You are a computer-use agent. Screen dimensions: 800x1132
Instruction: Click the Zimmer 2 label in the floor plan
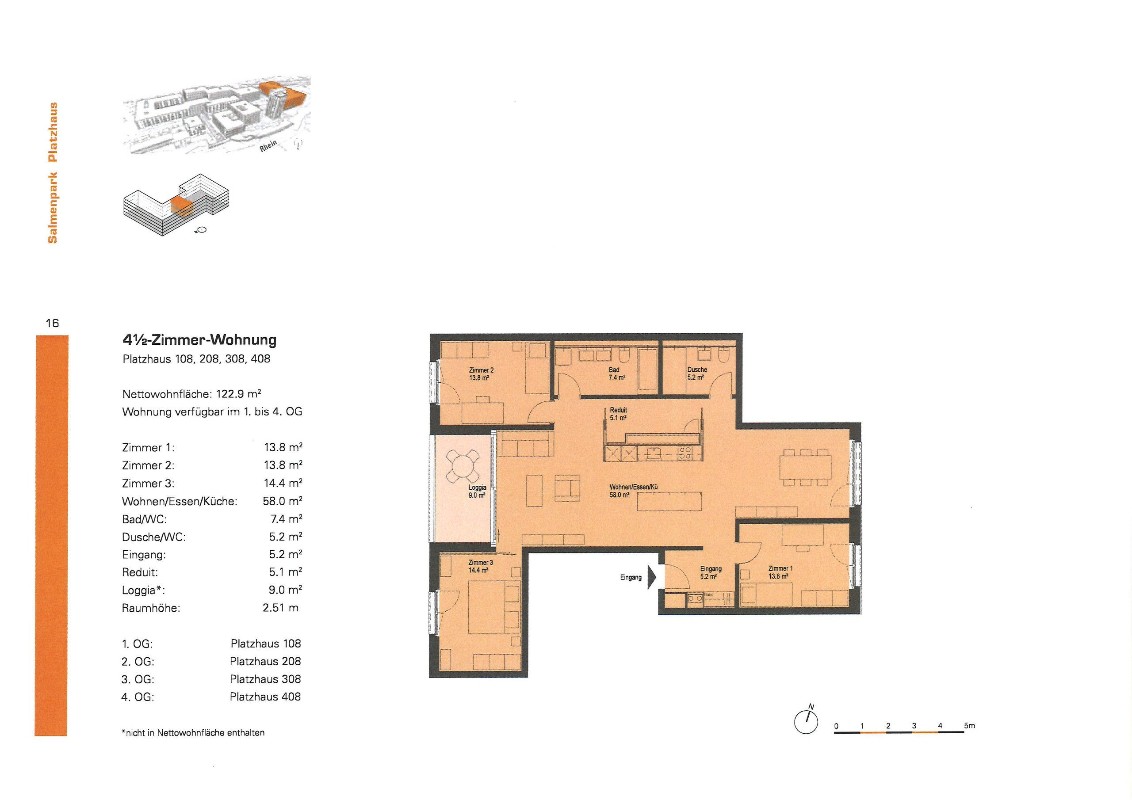tap(481, 373)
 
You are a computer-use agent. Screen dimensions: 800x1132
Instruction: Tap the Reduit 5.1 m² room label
tap(618, 414)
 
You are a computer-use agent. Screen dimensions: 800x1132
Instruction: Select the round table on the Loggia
tap(462, 466)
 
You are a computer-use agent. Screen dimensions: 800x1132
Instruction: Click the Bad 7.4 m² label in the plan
tap(616, 373)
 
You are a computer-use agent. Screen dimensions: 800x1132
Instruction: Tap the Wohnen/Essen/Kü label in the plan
tap(633, 491)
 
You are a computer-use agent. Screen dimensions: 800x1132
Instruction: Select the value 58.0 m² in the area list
tap(283, 501)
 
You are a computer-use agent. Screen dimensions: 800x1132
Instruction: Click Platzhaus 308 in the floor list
tap(265, 679)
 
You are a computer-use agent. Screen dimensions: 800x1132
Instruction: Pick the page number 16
tap(52, 323)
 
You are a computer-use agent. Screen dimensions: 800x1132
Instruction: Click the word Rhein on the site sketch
tap(269, 146)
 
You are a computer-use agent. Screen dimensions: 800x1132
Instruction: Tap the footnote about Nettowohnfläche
tap(193, 732)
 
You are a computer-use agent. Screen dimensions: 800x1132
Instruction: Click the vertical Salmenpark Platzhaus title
tap(53, 172)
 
